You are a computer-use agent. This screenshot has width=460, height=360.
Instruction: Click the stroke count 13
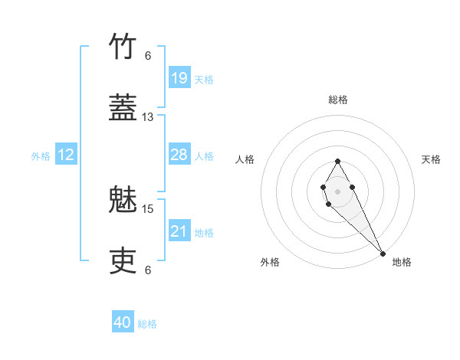coord(148,117)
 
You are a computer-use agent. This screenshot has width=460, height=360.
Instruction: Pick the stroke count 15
coord(148,208)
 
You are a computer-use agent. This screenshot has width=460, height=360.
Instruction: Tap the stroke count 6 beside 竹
coord(148,56)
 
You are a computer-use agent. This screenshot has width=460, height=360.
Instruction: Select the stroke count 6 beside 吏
coord(148,270)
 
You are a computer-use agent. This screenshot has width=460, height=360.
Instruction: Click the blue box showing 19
coord(179,78)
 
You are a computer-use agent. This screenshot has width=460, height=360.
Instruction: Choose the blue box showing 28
coord(179,155)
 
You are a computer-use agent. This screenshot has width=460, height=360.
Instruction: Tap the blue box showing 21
coord(179,231)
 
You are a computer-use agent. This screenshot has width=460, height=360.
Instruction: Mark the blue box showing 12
coord(66,155)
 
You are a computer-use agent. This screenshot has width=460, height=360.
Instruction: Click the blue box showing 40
coord(123,322)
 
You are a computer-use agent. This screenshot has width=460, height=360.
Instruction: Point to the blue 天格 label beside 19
coord(204,79)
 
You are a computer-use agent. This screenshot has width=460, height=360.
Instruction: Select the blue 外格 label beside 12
coord(41,155)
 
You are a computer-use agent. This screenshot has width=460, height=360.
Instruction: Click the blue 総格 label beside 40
coord(147,323)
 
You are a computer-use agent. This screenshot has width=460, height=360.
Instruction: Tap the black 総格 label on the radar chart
coord(337,100)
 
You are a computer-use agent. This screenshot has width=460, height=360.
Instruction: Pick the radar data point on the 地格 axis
coord(383,253)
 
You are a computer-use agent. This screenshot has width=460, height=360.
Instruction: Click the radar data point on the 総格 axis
coord(337,161)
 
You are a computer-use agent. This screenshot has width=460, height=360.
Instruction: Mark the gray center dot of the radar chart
coord(337,190)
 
